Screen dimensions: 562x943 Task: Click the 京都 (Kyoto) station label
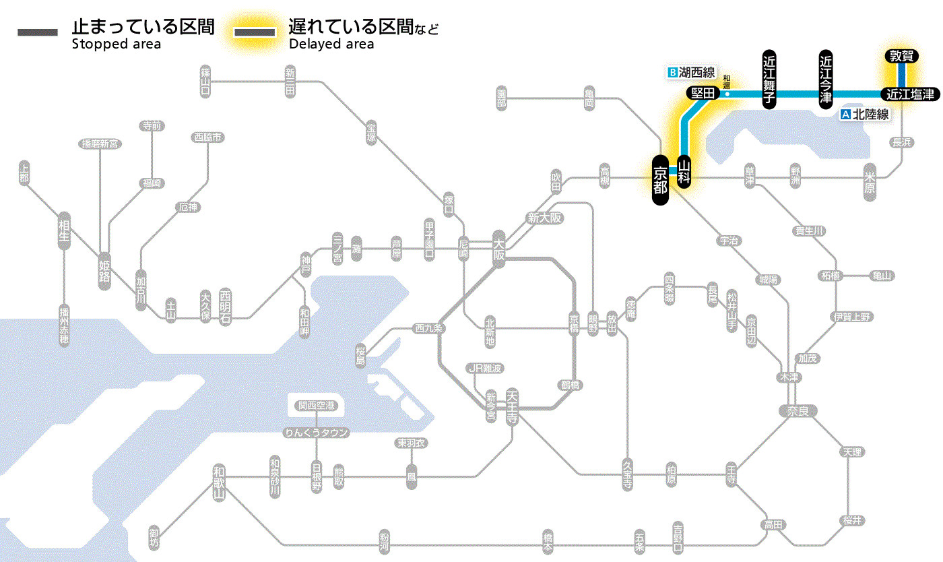(660, 180)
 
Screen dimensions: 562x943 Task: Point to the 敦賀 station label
(901, 57)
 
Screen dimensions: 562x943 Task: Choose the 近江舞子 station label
(769, 79)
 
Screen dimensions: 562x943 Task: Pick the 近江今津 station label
(825, 79)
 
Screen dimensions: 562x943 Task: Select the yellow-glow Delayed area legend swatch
(254, 32)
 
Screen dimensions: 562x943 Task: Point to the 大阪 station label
(498, 249)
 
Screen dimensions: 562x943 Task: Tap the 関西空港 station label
(317, 406)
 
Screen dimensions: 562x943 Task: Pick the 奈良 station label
(798, 410)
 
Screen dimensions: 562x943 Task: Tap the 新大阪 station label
(544, 218)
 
